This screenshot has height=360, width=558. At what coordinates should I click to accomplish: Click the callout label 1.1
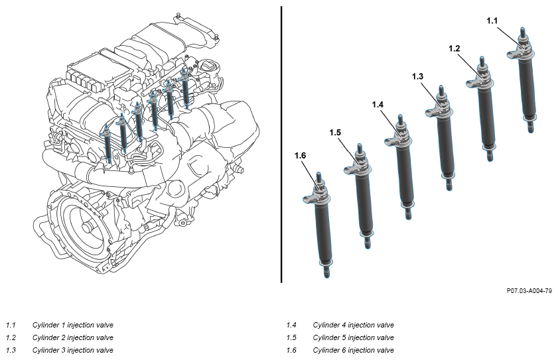click(x=492, y=21)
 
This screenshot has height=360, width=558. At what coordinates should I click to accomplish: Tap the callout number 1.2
click(x=454, y=49)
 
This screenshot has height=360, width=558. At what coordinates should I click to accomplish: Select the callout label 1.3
click(x=417, y=76)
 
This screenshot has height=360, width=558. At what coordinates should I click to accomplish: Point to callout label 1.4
click(x=378, y=105)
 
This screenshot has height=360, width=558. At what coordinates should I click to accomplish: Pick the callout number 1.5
click(x=335, y=133)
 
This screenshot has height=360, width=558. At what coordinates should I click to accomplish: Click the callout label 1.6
click(x=300, y=156)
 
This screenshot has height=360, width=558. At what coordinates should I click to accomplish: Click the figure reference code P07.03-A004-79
click(x=529, y=291)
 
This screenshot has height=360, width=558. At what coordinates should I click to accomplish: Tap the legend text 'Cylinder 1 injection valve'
click(x=72, y=325)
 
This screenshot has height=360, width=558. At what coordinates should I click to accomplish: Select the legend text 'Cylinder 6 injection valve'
click(x=354, y=351)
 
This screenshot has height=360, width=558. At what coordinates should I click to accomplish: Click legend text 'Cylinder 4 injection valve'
click(x=354, y=325)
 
